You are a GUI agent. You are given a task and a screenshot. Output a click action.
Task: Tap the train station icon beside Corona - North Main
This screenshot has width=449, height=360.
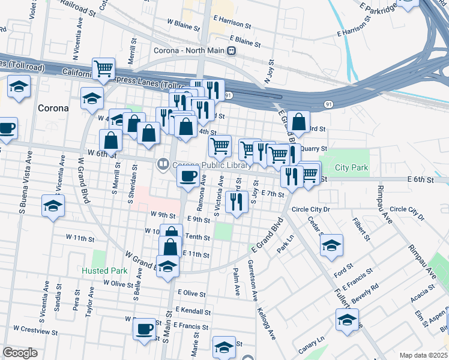click(231, 51)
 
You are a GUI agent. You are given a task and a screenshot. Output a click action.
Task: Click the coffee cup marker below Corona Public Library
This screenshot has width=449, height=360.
click(188, 176)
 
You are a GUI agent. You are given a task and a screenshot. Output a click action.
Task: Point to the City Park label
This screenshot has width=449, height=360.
click(352, 168)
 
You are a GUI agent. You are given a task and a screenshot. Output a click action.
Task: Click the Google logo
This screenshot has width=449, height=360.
click(20, 353)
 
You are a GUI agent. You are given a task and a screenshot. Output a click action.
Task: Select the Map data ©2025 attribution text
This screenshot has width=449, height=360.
click(423, 355)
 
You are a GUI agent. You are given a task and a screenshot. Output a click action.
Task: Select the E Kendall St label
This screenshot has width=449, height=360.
click(193, 312)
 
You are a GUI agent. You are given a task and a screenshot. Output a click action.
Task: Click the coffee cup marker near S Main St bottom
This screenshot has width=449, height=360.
click(145, 329)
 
